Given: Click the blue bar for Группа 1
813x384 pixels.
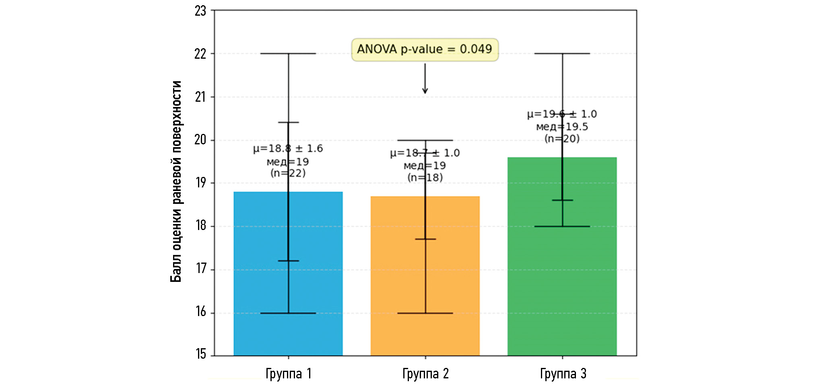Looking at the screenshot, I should point(262,281).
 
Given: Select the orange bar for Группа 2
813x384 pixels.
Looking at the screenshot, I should point(398,281).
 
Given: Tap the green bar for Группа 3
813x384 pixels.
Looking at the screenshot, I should point(535,281).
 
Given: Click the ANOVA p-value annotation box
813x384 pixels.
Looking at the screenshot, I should point(425,49).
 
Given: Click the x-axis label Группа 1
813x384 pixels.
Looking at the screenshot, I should point(288,374).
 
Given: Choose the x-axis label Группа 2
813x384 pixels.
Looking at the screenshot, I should point(425,374).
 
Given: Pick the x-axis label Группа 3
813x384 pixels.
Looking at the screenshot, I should point(563,374).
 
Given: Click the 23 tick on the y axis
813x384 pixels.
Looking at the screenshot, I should point(200,11).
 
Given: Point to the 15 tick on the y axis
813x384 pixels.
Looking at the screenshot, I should point(201,354).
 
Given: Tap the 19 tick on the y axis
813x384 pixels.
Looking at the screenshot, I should point(201,183).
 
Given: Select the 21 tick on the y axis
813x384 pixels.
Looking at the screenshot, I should point(200,97).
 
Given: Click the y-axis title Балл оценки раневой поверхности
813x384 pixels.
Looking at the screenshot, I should point(176,182).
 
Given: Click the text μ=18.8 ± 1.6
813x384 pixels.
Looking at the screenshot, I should point(288,148).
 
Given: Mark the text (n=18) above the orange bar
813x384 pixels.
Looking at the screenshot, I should point(425,177).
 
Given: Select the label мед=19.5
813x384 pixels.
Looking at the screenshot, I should point(562,127).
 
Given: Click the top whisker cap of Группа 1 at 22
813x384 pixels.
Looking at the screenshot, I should point(288,53).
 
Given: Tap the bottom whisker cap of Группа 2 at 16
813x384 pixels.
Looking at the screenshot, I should point(425,313).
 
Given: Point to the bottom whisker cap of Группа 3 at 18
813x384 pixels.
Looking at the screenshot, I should point(562,226).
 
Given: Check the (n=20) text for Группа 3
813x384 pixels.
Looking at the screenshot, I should point(562,139).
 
